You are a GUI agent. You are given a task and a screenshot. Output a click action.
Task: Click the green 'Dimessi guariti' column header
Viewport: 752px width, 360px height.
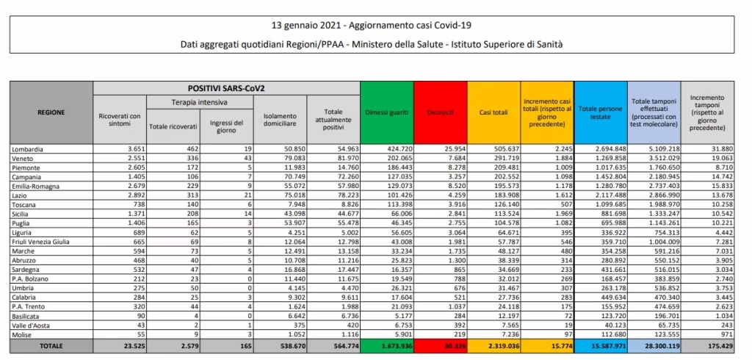tap(387, 112)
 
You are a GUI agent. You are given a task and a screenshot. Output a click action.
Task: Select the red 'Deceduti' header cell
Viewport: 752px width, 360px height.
tap(441, 112)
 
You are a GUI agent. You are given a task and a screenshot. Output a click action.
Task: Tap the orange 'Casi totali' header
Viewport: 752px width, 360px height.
tap(493, 112)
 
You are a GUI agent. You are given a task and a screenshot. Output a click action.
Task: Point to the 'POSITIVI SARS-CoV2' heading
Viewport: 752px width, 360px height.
tap(226, 87)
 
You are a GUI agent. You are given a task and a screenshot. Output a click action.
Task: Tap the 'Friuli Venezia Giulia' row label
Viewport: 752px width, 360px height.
tap(43, 241)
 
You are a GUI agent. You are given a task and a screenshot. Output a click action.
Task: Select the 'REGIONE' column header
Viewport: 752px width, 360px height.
tap(51, 112)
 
